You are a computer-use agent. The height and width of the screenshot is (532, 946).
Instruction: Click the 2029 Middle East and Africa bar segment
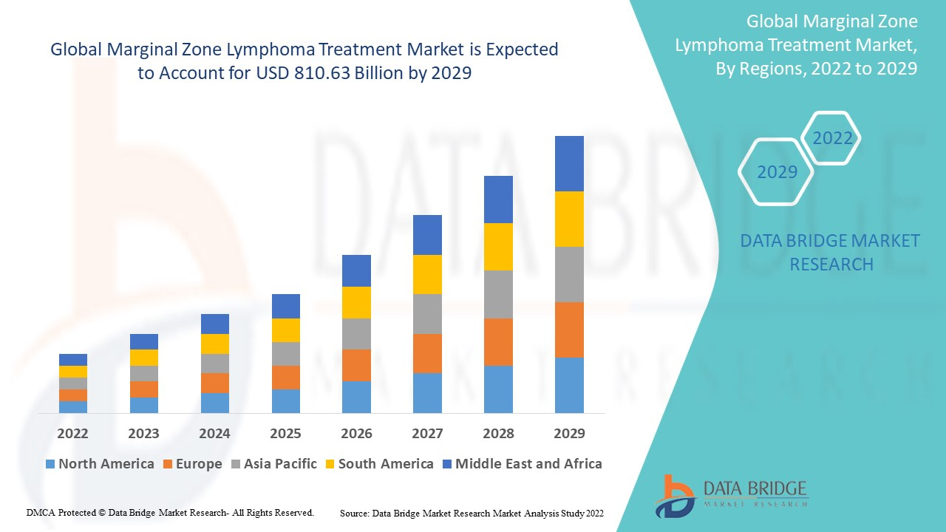point(569,163)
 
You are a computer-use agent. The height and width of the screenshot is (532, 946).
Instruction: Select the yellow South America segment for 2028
point(498,247)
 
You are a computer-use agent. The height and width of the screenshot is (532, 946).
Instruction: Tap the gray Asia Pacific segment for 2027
point(427,314)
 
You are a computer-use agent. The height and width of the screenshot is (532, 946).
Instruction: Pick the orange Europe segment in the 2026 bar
point(356,365)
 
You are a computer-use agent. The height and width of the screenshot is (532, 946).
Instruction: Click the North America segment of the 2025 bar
point(285,400)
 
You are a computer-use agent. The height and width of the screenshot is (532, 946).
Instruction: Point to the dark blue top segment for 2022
point(73,360)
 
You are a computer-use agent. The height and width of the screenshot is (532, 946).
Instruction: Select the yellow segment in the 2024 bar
point(214,344)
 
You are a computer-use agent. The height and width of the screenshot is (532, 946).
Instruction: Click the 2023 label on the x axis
point(143,434)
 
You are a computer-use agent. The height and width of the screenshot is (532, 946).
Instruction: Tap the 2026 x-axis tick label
point(356,434)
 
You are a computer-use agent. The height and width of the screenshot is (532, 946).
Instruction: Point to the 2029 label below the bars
point(569,434)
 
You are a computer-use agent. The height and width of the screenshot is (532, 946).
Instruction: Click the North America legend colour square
point(50,464)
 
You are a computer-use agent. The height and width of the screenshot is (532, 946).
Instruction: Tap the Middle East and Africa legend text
point(528,464)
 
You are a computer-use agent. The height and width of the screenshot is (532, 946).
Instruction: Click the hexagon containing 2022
point(832,138)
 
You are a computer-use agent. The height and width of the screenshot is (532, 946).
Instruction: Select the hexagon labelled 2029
point(777,172)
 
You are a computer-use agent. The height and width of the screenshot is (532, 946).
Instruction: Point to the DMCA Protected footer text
point(170,512)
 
